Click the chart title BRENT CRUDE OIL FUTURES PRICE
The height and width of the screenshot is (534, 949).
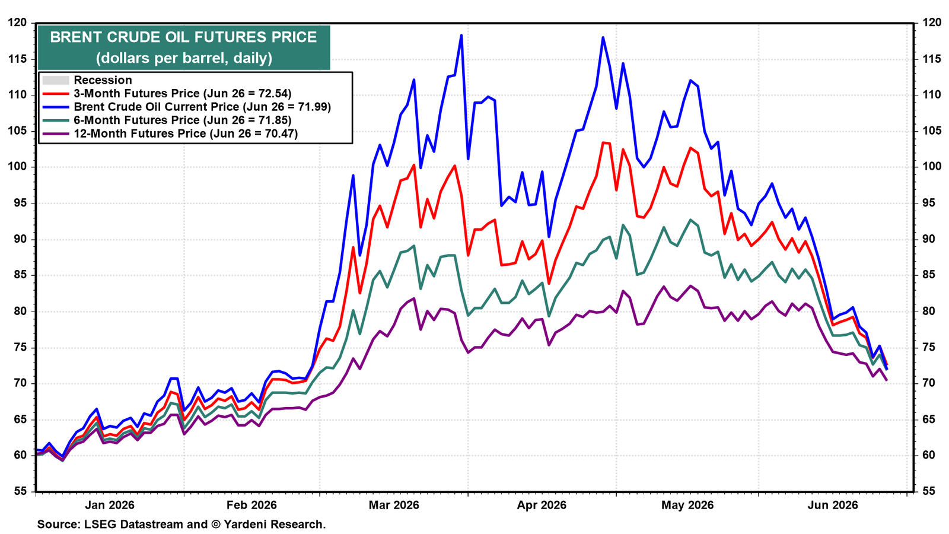pyautogui.click(x=183, y=37)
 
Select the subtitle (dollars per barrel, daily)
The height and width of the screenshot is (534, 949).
pyautogui.click(x=184, y=58)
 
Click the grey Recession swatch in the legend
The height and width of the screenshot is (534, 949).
pyautogui.click(x=56, y=80)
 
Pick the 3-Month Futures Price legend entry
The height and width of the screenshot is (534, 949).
pyautogui.click(x=183, y=93)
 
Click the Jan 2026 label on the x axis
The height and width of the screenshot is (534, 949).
pyautogui.click(x=110, y=505)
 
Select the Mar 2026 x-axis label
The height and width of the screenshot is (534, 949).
pyautogui.click(x=394, y=505)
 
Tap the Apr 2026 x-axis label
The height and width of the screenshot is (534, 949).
pyautogui.click(x=542, y=505)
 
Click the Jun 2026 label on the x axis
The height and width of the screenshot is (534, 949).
pyautogui.click(x=833, y=505)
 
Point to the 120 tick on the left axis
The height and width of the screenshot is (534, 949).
pyautogui.click(x=17, y=23)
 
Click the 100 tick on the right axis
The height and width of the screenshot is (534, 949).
pyautogui.click(x=928, y=167)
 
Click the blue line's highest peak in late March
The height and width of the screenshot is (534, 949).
pyautogui.click(x=461, y=35)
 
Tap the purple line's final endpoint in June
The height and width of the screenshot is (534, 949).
pyautogui.click(x=887, y=380)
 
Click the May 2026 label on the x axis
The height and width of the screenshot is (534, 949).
pyautogui.click(x=687, y=505)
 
